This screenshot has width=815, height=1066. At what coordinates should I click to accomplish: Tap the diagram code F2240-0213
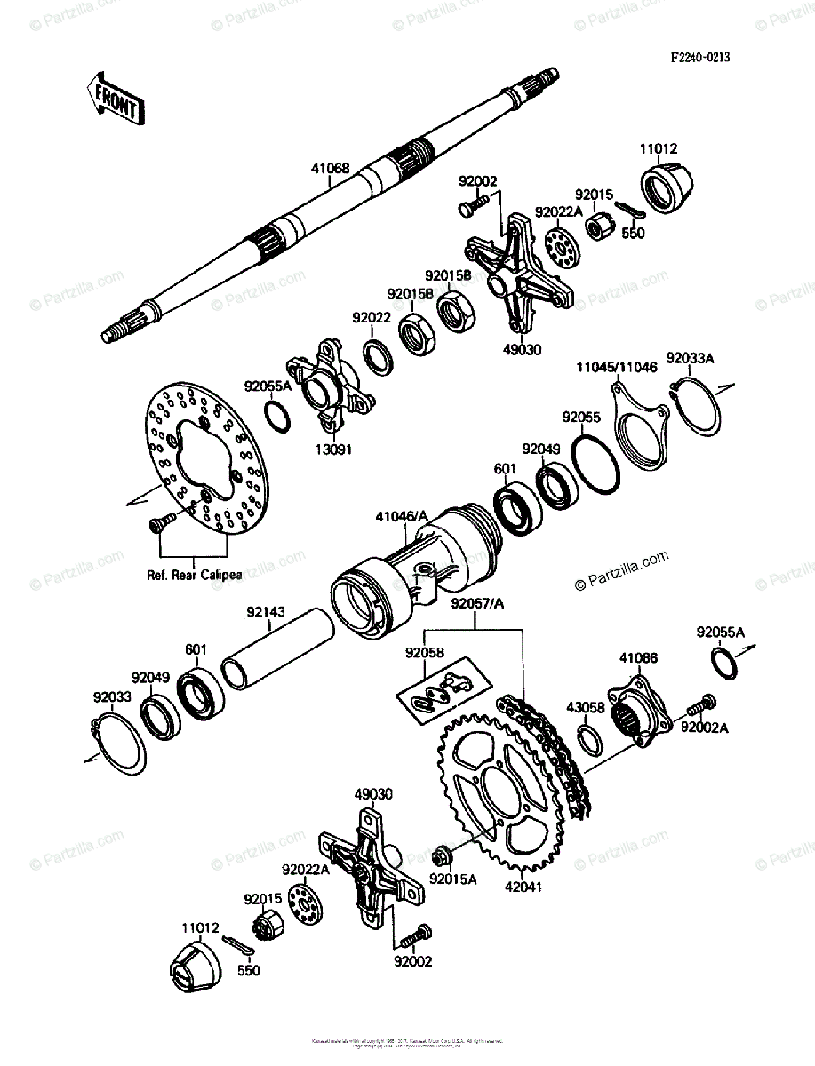(x=699, y=58)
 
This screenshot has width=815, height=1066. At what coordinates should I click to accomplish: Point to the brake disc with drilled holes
(x=204, y=462)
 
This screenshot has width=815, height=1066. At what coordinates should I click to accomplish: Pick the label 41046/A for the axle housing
(x=402, y=515)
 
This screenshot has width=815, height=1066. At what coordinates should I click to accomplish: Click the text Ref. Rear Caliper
(x=194, y=575)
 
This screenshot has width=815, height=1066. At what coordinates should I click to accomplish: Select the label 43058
(x=587, y=708)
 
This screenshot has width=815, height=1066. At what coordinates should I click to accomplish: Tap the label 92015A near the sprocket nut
(x=453, y=879)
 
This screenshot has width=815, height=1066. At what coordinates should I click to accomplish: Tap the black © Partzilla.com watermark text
(x=621, y=571)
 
